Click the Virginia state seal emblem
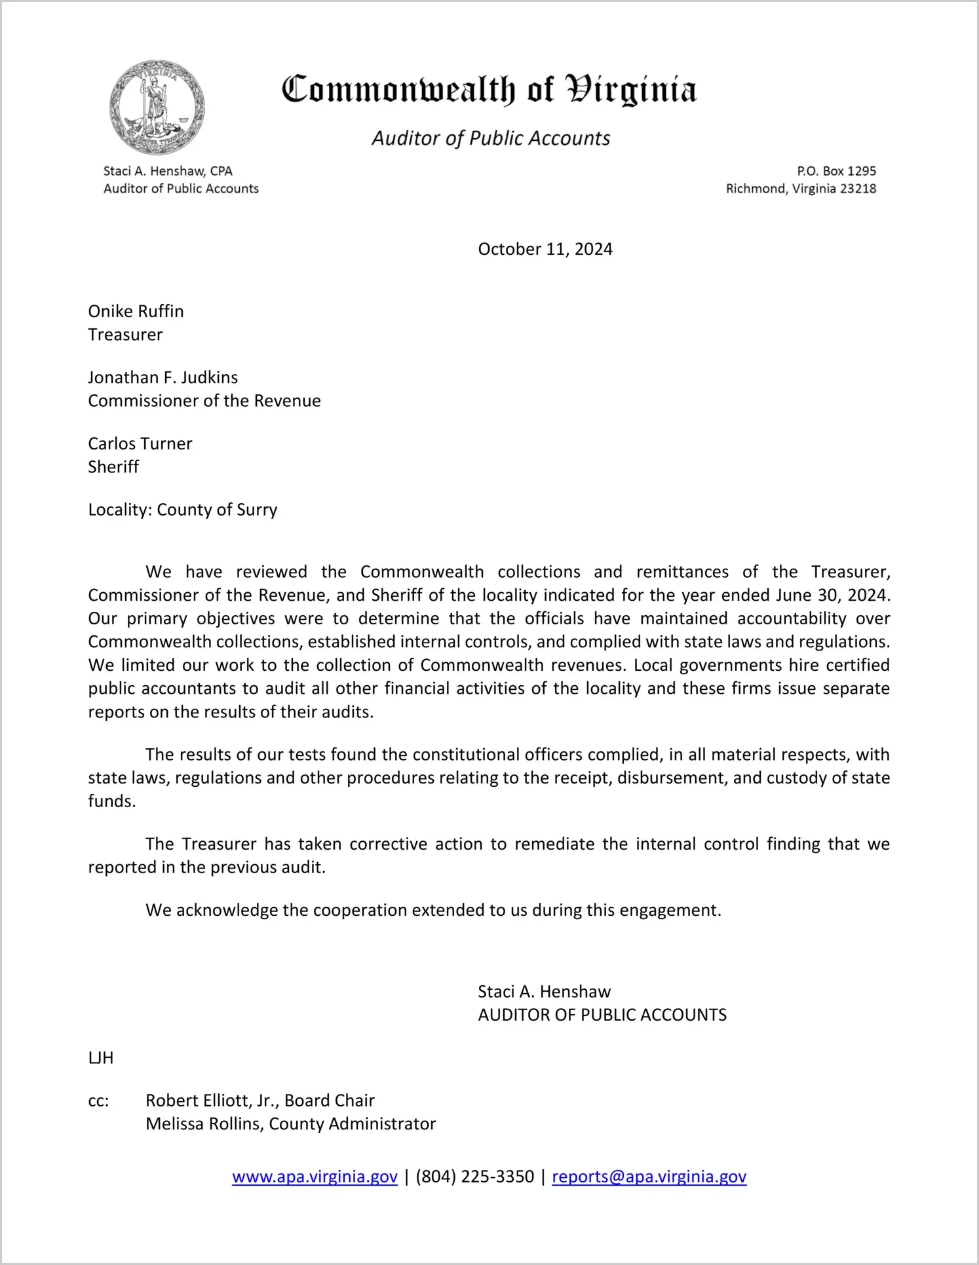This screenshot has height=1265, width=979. click(157, 107)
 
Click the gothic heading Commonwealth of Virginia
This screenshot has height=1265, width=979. click(489, 90)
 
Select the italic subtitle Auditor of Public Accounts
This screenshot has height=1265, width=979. click(491, 138)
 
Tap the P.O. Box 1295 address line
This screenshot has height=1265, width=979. click(836, 171)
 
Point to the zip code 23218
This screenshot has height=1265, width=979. click(858, 189)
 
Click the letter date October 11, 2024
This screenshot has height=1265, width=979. click(545, 249)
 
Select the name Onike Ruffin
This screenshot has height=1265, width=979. click(136, 311)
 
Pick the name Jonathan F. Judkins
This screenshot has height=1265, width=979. click(163, 377)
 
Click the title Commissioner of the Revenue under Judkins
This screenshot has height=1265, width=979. click(204, 401)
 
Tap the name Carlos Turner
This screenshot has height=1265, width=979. click(140, 444)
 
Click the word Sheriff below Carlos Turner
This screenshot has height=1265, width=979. click(113, 467)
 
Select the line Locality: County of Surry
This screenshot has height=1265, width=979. click(182, 510)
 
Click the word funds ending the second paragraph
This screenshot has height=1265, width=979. click(111, 801)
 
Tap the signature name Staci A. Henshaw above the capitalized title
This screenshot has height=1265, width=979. click(544, 991)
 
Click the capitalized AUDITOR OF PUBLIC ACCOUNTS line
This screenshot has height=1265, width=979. click(602, 1015)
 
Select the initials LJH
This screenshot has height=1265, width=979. click(100, 1058)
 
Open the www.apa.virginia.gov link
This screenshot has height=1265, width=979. click(315, 1177)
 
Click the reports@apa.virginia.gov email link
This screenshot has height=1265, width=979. click(649, 1177)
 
